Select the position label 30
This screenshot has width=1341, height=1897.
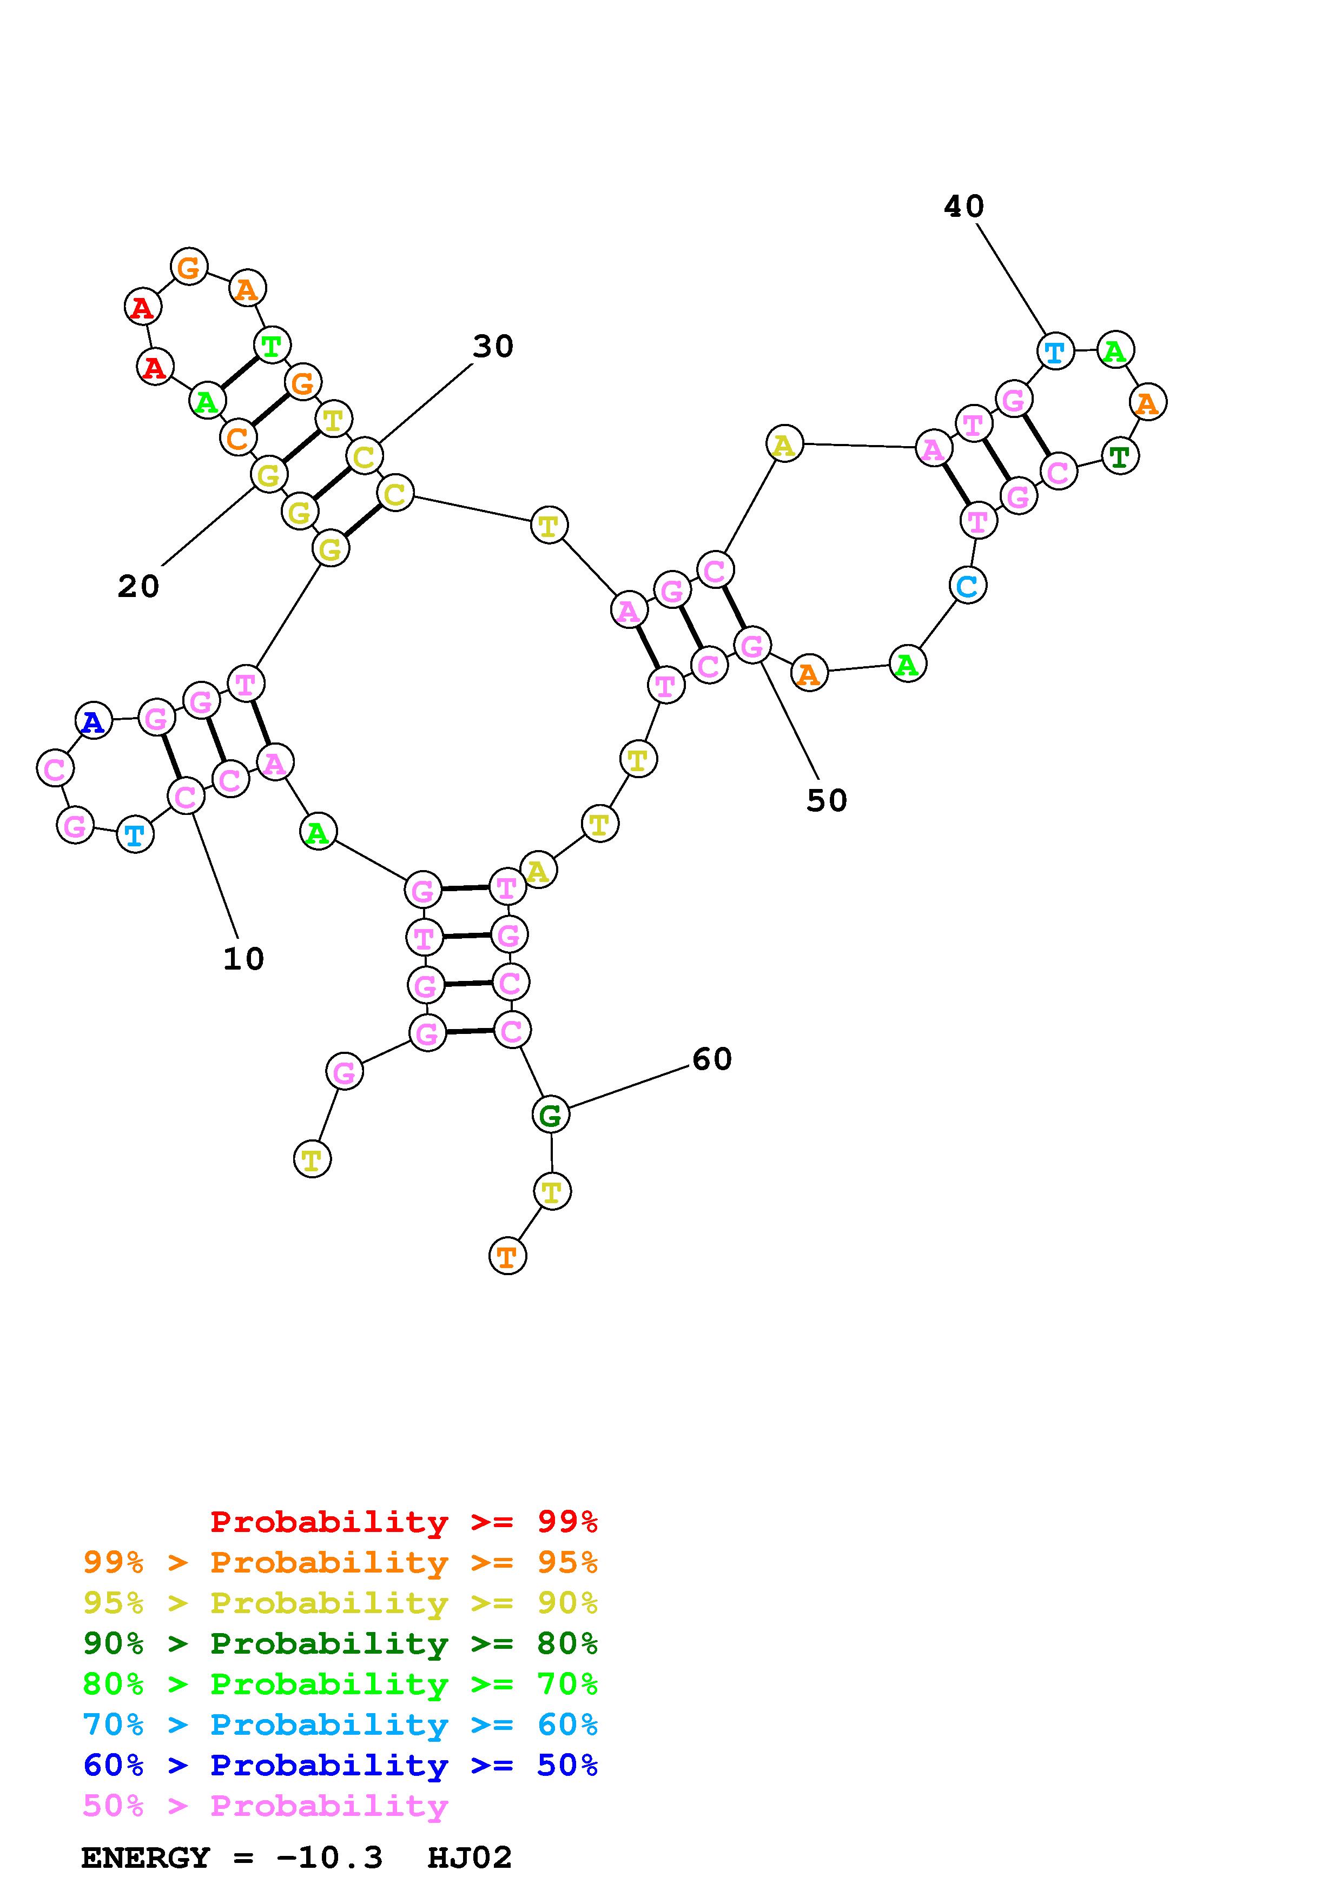[x=493, y=346]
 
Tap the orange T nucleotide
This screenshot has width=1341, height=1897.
[x=507, y=1256]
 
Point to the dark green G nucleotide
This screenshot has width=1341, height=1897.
[x=550, y=1115]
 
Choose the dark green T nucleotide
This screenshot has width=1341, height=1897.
[x=1120, y=455]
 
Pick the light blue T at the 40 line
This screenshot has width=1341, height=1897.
[x=1054, y=351]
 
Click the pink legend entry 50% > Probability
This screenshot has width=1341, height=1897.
[x=265, y=1805]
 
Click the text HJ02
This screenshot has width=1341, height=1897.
[x=470, y=1858]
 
